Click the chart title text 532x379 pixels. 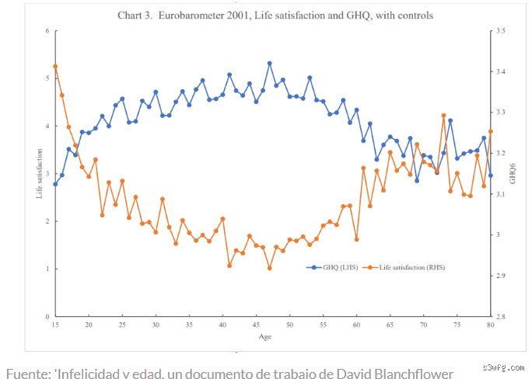point(275,16)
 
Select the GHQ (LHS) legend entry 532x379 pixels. point(332,267)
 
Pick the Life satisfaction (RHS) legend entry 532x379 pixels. point(404,267)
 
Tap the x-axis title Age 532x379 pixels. point(265,336)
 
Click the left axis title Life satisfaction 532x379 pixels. point(40,173)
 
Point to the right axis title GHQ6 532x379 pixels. point(513,174)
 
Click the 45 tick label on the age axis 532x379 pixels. point(256,325)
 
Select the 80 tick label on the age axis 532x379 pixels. point(490,325)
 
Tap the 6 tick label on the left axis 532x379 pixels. point(47,31)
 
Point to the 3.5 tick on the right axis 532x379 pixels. point(501,31)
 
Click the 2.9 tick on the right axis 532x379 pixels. point(501,276)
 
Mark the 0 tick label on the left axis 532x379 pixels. point(47,317)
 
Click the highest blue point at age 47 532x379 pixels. point(270,64)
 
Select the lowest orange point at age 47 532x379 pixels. point(270,268)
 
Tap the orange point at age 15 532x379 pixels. point(55,66)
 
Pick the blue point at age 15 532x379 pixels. point(55,184)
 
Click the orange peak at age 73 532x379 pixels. point(443,116)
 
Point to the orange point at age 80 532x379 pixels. point(491,131)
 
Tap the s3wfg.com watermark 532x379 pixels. point(504,367)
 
